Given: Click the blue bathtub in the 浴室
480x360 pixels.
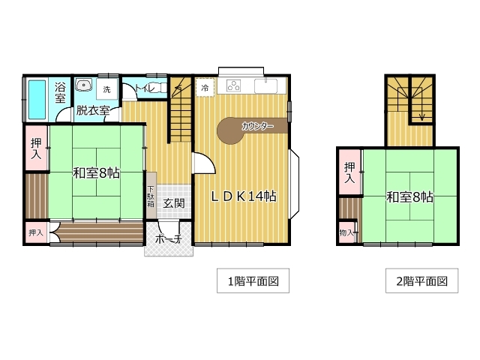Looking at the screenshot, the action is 37,100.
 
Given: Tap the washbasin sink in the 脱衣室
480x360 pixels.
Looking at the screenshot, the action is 83,85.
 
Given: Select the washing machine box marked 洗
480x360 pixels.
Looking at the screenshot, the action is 106,89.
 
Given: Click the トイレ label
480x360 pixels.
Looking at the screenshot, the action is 145,88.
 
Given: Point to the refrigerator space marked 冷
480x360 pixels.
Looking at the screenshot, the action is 205,88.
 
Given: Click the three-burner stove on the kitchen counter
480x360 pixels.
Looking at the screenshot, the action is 233,85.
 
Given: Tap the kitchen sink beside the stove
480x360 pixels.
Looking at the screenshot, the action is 265,86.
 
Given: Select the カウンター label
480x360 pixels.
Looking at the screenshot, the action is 257,126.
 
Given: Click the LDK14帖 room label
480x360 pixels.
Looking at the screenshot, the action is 244,196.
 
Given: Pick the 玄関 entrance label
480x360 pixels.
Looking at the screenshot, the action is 173,203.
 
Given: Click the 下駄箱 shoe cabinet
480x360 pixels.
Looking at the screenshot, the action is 151,195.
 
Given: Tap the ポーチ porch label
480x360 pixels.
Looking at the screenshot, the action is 169,238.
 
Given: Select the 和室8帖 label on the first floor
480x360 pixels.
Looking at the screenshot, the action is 96,173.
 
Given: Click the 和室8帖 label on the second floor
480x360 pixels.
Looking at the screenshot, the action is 409,196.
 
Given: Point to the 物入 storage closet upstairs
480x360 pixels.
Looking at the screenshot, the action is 347,233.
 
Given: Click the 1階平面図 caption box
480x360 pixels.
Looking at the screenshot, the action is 253,280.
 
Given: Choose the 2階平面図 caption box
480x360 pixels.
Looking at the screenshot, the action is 421,280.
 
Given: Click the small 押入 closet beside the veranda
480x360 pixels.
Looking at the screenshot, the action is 36,232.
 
